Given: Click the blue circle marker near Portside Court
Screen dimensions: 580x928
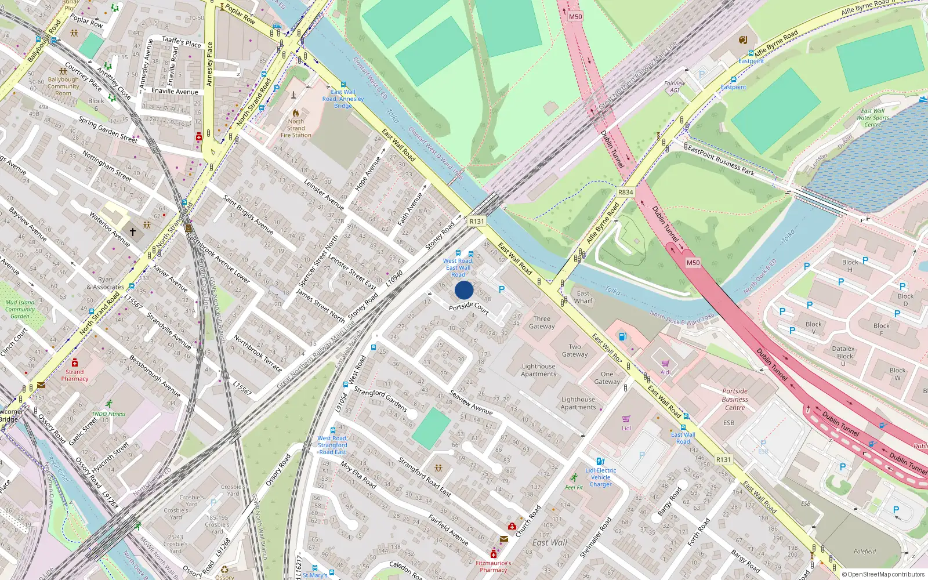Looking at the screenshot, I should coord(464,290).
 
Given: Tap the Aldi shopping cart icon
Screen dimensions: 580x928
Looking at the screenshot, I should coord(665,364).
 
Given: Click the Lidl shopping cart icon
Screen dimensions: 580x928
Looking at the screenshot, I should coord(626,419).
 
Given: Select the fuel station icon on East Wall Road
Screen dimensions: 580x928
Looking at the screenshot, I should coord(622,336).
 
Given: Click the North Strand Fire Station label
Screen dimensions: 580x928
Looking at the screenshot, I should coord(296,128).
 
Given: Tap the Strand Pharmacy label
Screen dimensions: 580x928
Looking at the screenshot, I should coord(75,375).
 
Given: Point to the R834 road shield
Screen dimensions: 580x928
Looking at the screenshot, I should coord(626,193).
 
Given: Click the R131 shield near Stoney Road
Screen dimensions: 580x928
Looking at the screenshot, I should coord(476,222).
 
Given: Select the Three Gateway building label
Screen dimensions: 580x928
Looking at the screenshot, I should coord(542,322).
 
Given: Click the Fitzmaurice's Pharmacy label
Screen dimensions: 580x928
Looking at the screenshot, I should coord(494,566).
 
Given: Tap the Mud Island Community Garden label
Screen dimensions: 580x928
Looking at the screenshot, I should coord(20,309).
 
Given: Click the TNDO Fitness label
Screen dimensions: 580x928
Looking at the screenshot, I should coord(108,414).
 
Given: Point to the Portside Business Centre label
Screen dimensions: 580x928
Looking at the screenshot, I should coord(735,399).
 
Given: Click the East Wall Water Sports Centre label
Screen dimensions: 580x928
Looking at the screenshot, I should coord(872,118).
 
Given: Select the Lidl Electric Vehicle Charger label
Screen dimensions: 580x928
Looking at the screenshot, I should coord(601,477).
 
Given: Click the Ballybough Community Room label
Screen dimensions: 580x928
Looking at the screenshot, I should coord(63,86).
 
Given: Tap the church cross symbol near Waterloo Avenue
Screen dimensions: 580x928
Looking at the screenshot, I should coord(133,232).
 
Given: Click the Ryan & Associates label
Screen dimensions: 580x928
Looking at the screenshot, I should coord(106,283).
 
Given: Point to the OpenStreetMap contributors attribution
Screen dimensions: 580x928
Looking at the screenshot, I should coord(883,574).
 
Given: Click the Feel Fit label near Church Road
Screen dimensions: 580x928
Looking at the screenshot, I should coord(574,487).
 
